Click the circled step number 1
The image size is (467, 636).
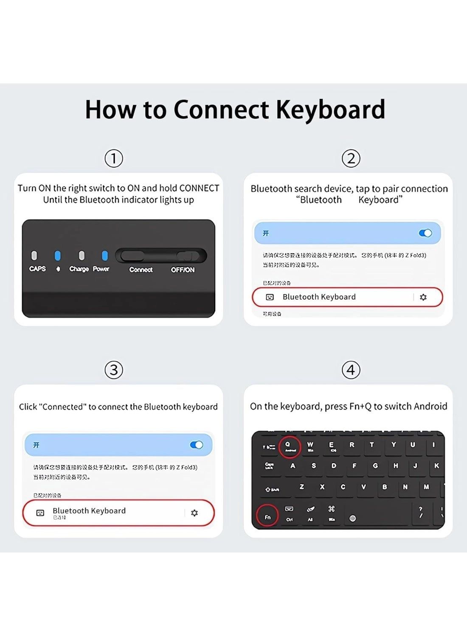click(x=114, y=159)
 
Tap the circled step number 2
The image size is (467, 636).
click(x=351, y=159)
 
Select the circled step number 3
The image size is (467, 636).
click(x=114, y=370)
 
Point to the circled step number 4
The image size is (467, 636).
click(x=351, y=370)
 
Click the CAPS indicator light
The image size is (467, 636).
click(x=34, y=255)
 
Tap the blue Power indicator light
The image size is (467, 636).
click(x=104, y=255)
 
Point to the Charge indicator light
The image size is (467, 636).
click(x=82, y=255)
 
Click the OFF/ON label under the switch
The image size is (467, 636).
click(x=183, y=270)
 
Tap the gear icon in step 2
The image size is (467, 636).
click(x=423, y=297)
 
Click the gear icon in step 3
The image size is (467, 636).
click(x=194, y=513)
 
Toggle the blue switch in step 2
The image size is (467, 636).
click(x=425, y=233)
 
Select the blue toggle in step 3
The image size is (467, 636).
click(x=196, y=445)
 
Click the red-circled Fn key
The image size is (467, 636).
click(x=267, y=516)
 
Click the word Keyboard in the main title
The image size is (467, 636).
click(x=330, y=110)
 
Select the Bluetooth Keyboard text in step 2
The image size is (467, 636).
click(x=319, y=297)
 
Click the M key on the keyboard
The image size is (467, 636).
click(x=426, y=487)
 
